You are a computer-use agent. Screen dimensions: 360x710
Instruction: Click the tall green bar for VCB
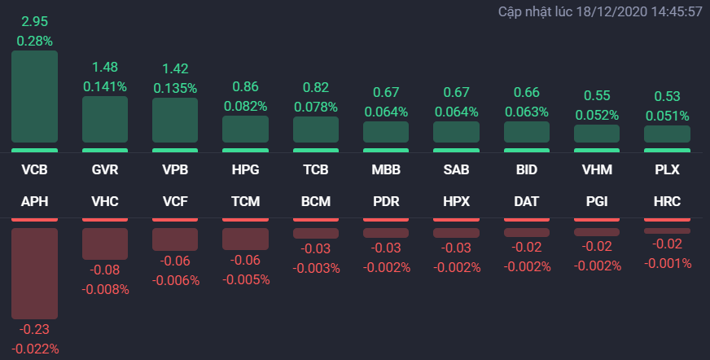(34, 97)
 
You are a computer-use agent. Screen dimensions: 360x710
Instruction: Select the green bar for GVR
(105, 120)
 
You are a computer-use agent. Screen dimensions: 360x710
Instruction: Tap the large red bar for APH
(34, 273)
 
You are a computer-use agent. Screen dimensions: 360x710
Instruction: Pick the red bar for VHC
(105, 244)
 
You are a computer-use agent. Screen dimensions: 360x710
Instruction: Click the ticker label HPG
(245, 170)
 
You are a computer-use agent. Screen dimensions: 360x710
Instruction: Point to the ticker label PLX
(667, 170)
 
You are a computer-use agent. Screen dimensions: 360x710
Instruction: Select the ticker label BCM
(315, 201)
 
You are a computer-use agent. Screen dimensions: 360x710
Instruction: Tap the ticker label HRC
(667, 201)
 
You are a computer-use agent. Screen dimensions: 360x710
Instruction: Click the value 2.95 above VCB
(34, 20)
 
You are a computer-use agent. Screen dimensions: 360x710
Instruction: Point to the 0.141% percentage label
(105, 86)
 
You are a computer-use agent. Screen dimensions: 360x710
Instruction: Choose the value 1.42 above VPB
(175, 67)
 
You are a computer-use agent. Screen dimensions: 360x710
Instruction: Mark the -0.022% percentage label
(34, 349)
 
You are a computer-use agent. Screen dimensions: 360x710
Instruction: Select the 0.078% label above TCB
(315, 106)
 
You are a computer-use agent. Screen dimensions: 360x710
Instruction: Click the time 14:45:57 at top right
(673, 12)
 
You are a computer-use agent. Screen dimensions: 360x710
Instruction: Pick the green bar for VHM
(597, 134)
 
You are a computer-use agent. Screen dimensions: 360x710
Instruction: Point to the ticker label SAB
(456, 170)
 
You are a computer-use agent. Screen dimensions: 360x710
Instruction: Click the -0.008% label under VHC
(105, 289)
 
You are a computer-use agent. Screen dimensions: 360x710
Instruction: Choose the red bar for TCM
(245, 239)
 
